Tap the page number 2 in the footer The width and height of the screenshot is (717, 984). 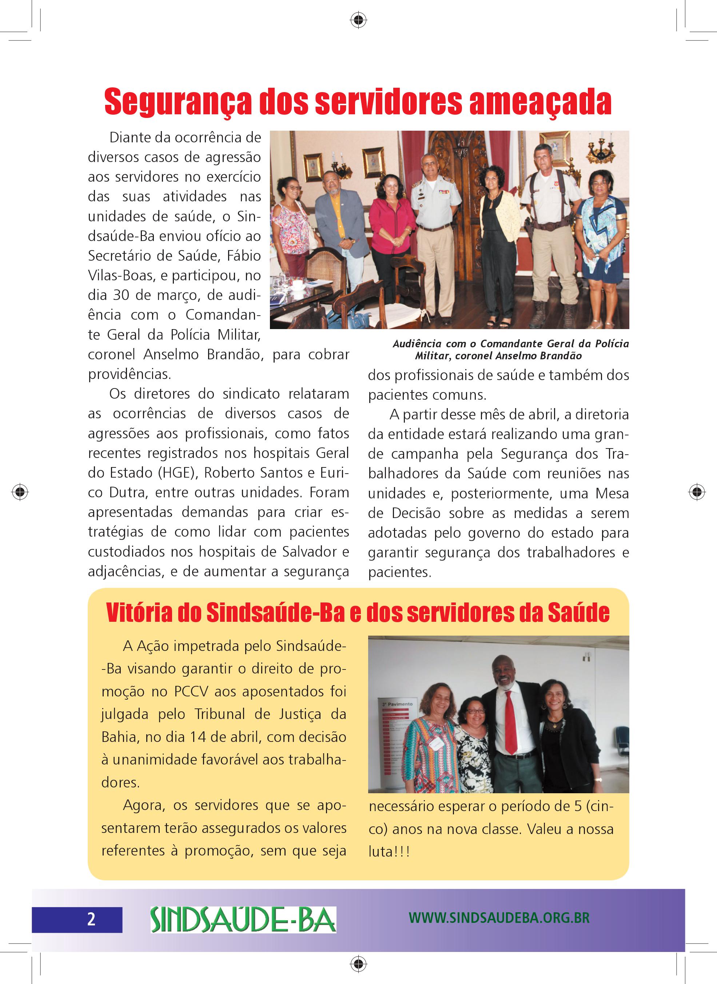91,919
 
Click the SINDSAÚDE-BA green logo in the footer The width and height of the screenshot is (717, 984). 243,920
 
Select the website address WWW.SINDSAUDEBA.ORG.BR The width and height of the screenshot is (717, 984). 499,918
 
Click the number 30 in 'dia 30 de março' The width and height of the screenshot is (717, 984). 122,295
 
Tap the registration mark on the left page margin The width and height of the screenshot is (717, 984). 20,492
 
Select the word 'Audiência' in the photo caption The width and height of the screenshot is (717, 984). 417,344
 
